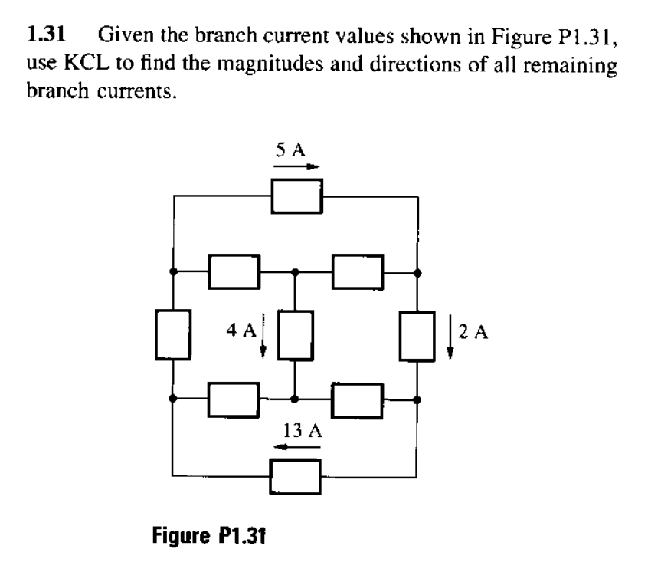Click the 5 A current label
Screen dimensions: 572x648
[292, 150]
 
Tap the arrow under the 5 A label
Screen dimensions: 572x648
[294, 166]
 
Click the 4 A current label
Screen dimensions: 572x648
[241, 331]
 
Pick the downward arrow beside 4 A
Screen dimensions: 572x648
[263, 336]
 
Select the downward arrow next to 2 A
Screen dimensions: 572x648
[450, 336]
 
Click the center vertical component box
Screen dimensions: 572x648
[295, 335]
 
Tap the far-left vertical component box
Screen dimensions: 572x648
[173, 335]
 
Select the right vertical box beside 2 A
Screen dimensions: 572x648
[417, 335]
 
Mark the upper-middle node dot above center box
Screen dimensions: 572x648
[295, 271]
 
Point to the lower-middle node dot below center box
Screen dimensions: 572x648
[295, 399]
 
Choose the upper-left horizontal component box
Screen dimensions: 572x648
[235, 271]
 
